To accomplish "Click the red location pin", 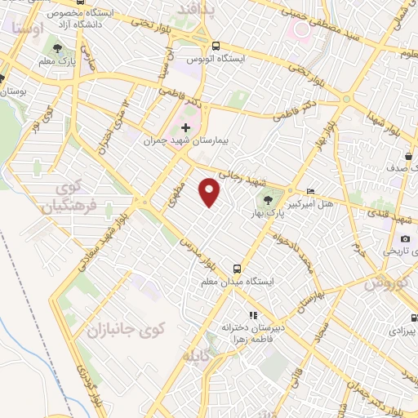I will (x=211, y=193).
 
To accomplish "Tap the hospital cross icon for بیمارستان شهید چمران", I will (x=186, y=127).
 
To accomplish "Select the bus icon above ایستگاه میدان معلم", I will (x=238, y=268).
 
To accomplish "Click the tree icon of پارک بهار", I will (x=268, y=198).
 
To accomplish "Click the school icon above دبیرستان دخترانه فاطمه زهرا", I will (x=253, y=314).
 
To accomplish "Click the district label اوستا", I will (x=29, y=28).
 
